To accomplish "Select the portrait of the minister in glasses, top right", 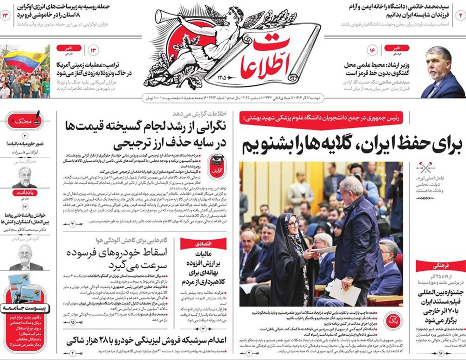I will (443, 72).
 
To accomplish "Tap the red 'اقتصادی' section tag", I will (197, 243).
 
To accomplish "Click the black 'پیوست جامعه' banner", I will (26, 308).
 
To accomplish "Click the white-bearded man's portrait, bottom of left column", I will (25, 258).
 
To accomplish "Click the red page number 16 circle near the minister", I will (372, 50).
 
